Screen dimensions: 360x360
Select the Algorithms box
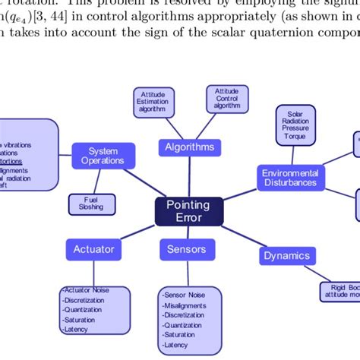coord(189,147)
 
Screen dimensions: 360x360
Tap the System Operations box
coord(103,156)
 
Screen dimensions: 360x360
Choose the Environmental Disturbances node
coord(290,178)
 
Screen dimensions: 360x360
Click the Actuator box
coord(94,248)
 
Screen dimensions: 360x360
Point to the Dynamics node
coord(286,256)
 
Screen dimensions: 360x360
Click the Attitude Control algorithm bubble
coord(226,99)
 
